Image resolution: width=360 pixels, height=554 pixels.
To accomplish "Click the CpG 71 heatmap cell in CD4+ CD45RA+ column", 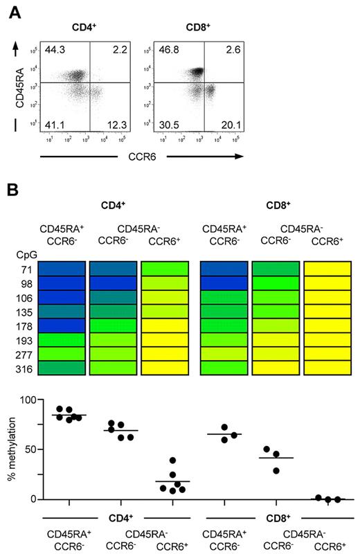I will click(62, 269).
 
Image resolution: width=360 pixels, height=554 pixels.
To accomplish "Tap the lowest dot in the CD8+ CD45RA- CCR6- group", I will click(276, 470).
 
